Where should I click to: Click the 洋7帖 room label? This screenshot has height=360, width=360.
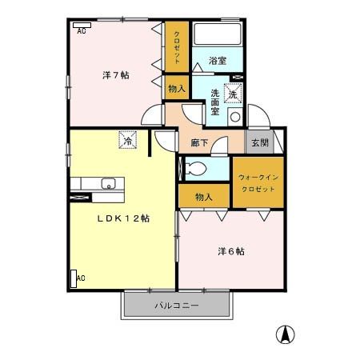(x=116, y=75)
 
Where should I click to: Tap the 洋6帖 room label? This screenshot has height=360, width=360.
(x=231, y=251)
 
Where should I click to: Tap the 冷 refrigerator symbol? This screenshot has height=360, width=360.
(x=128, y=140)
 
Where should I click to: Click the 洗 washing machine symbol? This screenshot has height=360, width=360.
(x=233, y=94)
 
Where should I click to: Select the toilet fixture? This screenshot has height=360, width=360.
(x=195, y=169)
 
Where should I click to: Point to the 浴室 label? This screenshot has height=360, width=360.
(x=218, y=61)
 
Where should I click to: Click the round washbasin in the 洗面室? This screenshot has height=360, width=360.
(x=235, y=117)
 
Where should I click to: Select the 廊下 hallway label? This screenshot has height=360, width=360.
(x=200, y=143)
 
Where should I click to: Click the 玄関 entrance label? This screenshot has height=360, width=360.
(x=259, y=142)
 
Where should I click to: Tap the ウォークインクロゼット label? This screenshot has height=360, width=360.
(x=258, y=182)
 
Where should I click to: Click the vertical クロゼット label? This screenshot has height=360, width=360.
(x=177, y=47)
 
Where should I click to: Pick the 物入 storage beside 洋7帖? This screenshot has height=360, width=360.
(x=177, y=89)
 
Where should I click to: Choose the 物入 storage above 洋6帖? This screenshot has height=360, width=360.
(x=204, y=196)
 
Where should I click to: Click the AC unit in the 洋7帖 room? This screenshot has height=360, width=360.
(x=82, y=24)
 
